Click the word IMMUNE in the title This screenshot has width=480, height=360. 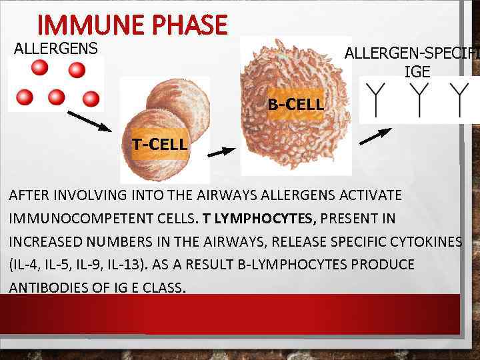tap(84, 25)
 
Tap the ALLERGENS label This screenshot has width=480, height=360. tap(56, 49)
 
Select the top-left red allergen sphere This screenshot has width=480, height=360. tap(40, 67)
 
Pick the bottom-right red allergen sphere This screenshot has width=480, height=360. tap(90, 99)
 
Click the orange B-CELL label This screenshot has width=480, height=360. tap(295, 105)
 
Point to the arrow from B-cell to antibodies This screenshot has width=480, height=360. tap(375, 135)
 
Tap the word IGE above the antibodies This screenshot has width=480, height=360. tap(417, 72)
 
